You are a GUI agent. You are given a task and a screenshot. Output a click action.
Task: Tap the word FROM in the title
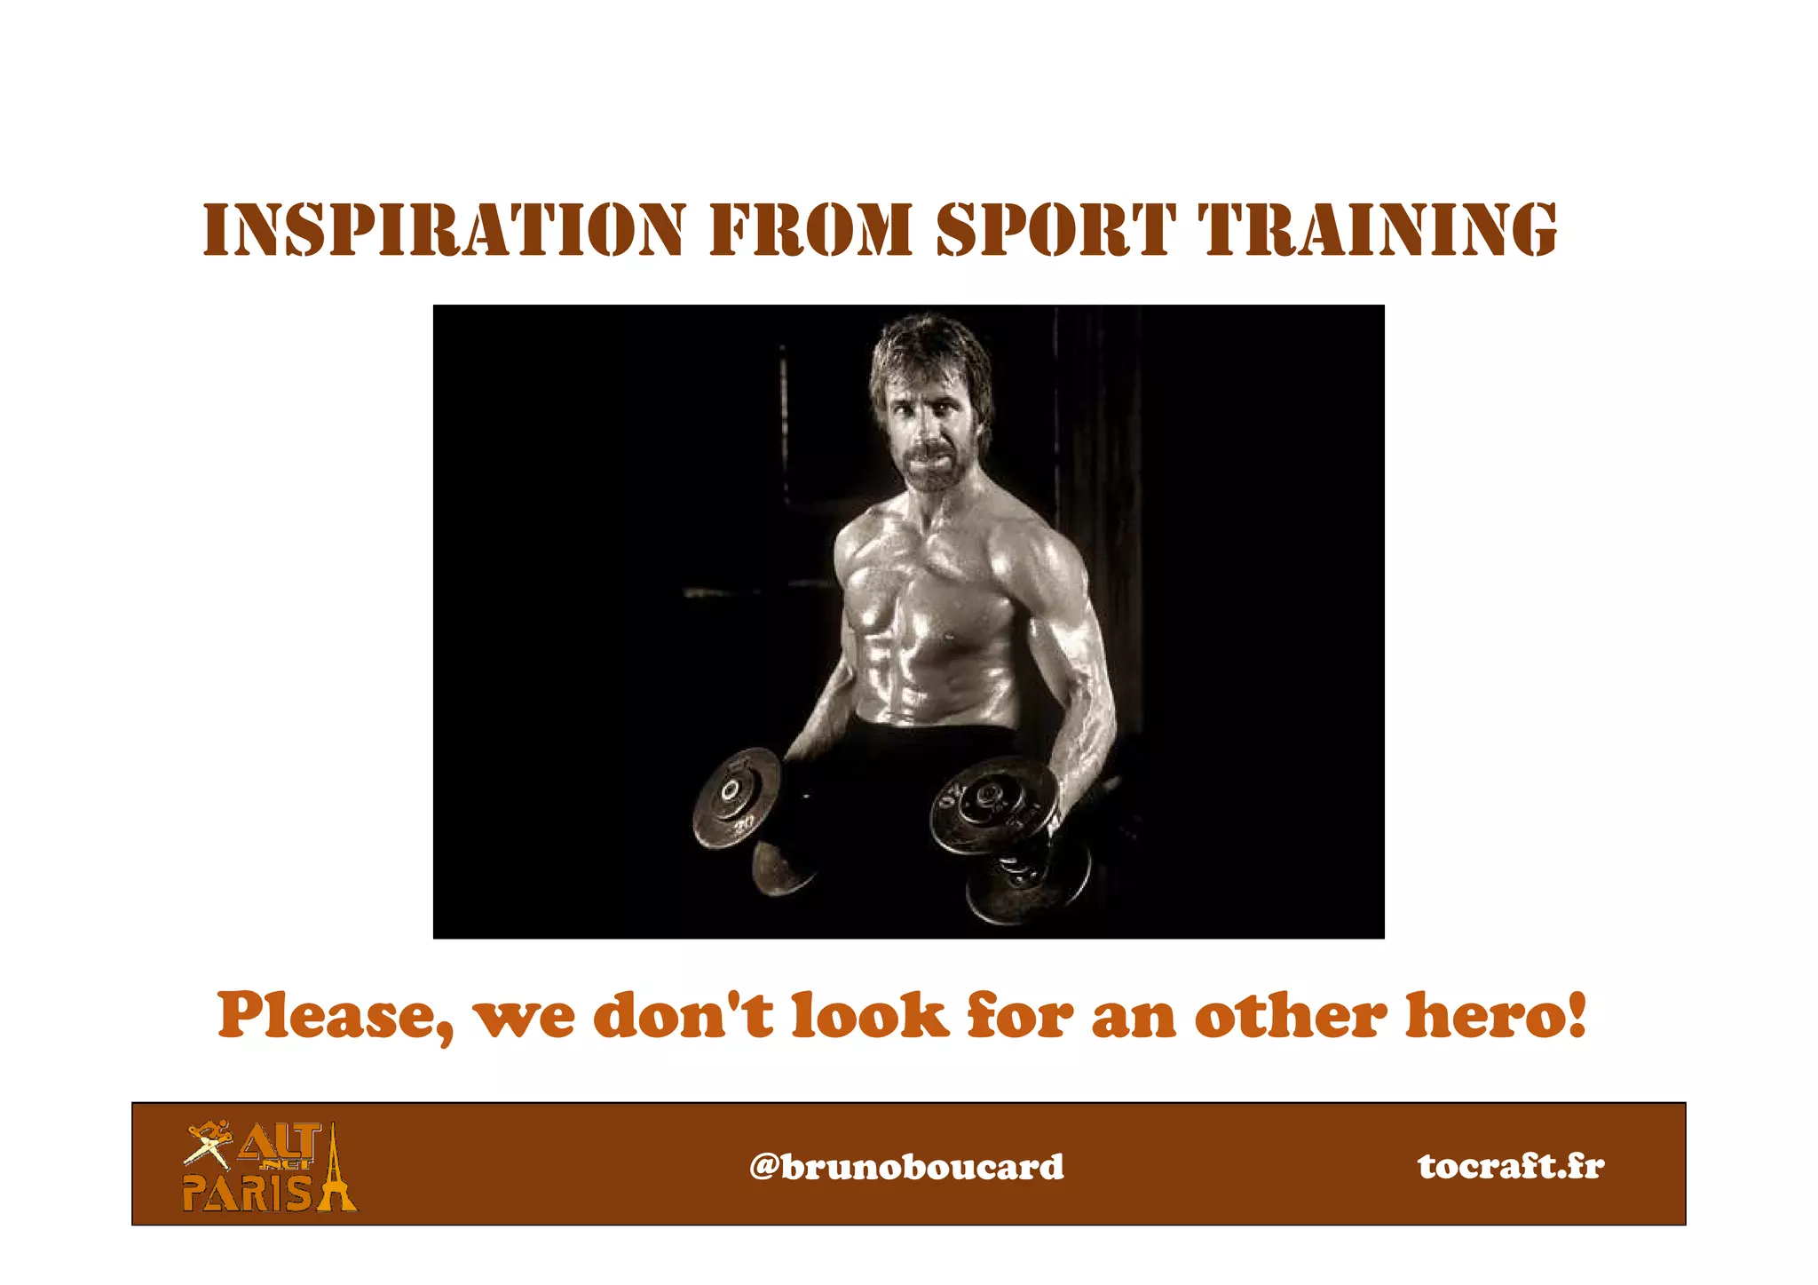click(x=810, y=230)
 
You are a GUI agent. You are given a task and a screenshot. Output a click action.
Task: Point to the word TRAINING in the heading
click(x=1378, y=230)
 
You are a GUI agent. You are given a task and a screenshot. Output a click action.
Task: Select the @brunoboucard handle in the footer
click(x=906, y=1166)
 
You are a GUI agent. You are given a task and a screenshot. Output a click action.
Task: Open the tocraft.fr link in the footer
click(x=1511, y=1166)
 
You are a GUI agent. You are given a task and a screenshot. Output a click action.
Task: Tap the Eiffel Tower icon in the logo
click(x=335, y=1170)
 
